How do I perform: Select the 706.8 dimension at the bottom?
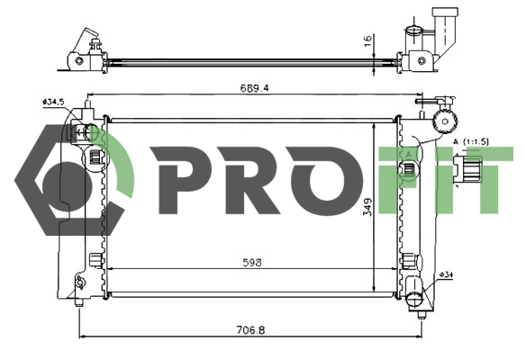(x=251, y=330)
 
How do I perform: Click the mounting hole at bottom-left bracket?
(x=80, y=285)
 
